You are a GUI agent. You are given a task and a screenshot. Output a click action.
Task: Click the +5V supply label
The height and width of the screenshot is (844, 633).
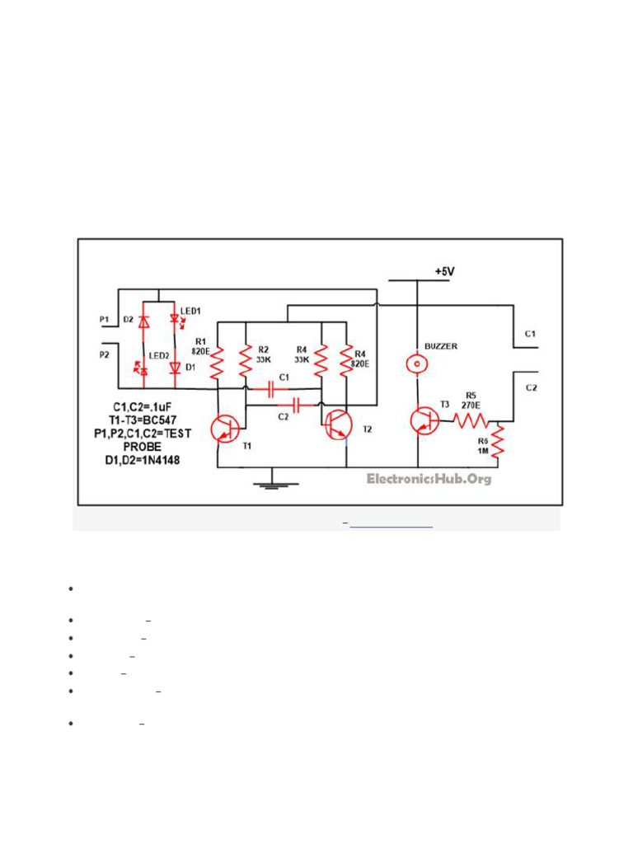pyautogui.click(x=443, y=271)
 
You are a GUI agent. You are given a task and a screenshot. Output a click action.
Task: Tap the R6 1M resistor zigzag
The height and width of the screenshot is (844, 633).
pyautogui.click(x=497, y=443)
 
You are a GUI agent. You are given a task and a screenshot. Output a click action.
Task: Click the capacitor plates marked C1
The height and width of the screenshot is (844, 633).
pyautogui.click(x=272, y=388)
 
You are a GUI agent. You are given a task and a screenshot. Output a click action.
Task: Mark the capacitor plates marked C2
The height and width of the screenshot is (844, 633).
pyautogui.click(x=297, y=405)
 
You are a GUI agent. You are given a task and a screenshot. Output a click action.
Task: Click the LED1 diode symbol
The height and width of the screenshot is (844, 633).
pyautogui.click(x=174, y=318)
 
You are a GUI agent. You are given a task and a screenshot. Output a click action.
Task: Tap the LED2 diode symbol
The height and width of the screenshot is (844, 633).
pyautogui.click(x=145, y=371)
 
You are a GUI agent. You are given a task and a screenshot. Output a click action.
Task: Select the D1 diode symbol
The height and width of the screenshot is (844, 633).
pyautogui.click(x=174, y=368)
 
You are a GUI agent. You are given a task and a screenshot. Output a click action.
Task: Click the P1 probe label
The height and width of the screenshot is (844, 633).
pyautogui.click(x=104, y=319)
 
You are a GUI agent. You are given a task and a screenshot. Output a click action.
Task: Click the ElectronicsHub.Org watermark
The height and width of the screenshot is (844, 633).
pyautogui.click(x=429, y=479)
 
